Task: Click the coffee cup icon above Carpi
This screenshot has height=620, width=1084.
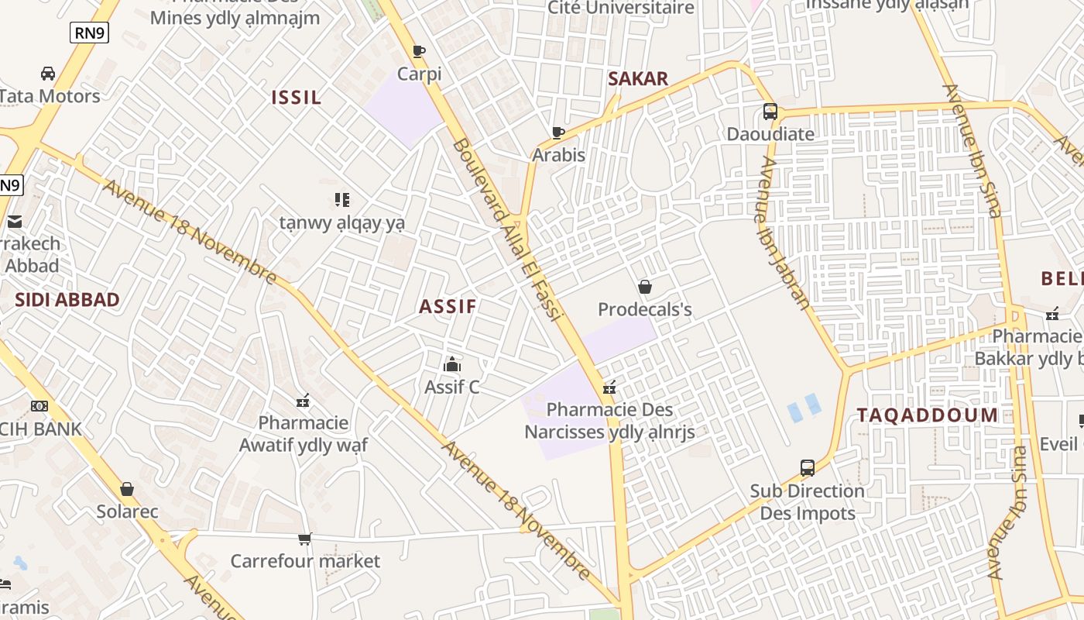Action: coord(419,52)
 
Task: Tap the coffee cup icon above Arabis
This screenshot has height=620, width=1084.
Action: coord(558,133)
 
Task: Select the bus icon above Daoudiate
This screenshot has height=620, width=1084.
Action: coord(770,112)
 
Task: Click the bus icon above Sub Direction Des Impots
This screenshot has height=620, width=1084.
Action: coord(807,468)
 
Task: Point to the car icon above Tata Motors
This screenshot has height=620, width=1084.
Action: coord(48,74)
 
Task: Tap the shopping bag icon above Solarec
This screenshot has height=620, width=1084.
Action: coord(127,489)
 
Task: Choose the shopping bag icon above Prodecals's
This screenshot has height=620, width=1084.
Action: coord(645,287)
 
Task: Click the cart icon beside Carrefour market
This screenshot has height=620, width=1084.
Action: coord(305,539)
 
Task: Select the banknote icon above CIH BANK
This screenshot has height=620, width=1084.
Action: coord(39,405)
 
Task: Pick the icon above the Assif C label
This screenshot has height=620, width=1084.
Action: coord(452,363)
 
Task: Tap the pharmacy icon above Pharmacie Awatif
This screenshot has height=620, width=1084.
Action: coord(303,401)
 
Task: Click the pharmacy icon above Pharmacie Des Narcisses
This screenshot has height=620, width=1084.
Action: coord(609,387)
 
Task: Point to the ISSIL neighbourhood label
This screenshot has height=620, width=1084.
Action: coord(296,98)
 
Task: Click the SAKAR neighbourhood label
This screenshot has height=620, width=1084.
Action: coord(638,78)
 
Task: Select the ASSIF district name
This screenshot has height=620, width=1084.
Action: coord(448,306)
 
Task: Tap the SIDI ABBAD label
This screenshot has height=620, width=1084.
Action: coord(67,300)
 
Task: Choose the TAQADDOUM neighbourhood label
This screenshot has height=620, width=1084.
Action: coord(928,415)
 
